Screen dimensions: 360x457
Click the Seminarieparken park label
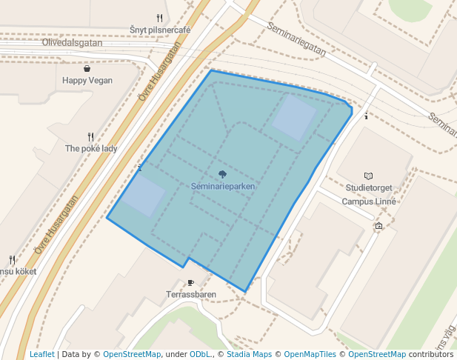click(223, 187)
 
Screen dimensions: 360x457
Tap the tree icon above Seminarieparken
click(223, 174)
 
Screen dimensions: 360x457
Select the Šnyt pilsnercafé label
click(160, 30)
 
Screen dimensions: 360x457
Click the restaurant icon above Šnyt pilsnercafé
click(159, 18)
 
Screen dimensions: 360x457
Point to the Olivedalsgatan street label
click(72, 42)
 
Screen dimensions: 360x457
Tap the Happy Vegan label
click(87, 80)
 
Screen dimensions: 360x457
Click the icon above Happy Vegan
click(87, 68)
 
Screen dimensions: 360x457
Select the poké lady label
click(91, 148)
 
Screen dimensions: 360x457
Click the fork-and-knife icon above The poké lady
click(90, 136)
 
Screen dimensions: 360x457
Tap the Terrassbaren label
click(191, 294)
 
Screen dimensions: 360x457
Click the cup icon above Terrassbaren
click(191, 282)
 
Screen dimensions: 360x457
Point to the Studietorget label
click(369, 188)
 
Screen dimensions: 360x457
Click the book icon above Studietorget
click(369, 176)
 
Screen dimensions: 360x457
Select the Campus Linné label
click(370, 201)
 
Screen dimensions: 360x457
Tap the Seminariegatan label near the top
click(297, 40)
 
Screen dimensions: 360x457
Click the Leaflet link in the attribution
click(42, 355)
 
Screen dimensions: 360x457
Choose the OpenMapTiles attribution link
click(310, 355)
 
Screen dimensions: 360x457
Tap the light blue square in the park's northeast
click(295, 117)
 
